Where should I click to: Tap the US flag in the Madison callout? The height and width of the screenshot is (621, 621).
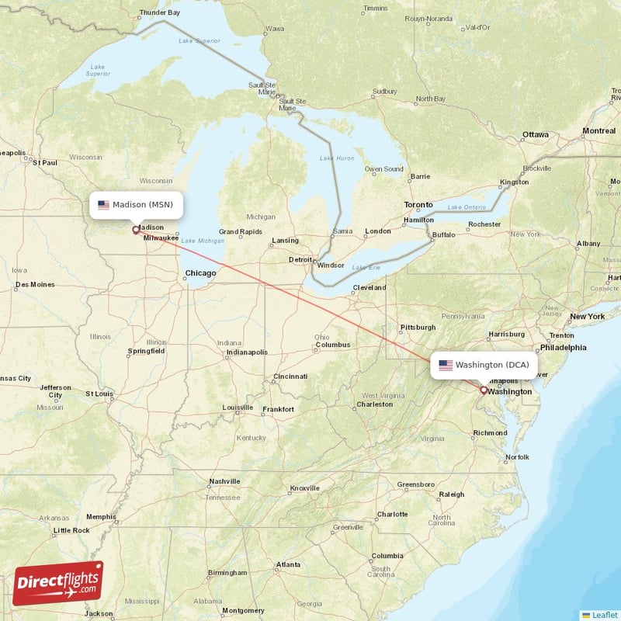[x=103, y=206]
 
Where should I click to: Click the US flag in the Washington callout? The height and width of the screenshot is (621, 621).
[x=446, y=365]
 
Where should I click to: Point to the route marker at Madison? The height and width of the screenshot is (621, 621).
[x=136, y=230]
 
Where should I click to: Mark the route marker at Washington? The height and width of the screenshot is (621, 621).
[x=483, y=390]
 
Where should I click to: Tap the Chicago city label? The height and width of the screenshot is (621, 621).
[x=200, y=273]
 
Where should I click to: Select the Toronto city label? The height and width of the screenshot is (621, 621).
[x=418, y=205]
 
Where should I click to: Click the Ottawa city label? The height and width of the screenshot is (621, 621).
[x=535, y=134]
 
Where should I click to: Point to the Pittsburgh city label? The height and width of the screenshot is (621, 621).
[x=418, y=327]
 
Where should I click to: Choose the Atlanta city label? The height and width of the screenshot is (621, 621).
[x=290, y=564]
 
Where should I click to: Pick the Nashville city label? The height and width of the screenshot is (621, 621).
[x=224, y=481]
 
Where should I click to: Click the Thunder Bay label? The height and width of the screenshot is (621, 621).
[x=158, y=13]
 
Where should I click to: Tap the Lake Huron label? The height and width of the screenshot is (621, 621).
[x=336, y=158]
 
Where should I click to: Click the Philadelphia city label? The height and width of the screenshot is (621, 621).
[x=564, y=347]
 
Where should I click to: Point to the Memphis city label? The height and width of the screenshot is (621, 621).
[x=101, y=516]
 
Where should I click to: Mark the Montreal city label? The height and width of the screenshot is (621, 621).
[x=598, y=131]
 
